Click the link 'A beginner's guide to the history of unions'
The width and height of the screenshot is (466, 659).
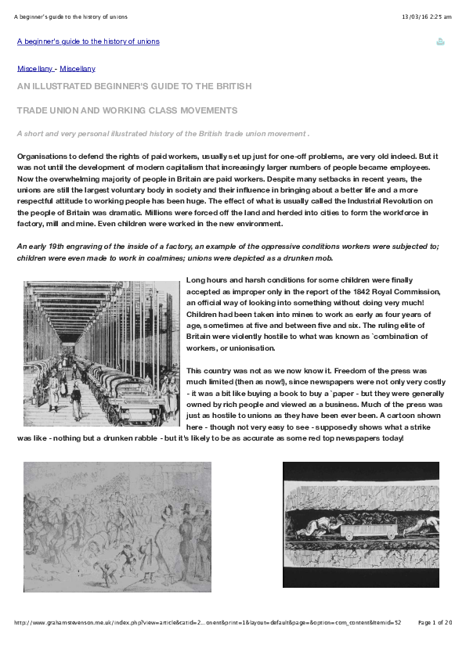pyautogui.click(x=88, y=41)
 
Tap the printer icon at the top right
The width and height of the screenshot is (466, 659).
pyautogui.click(x=440, y=41)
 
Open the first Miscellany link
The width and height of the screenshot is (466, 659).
pyautogui.click(x=34, y=69)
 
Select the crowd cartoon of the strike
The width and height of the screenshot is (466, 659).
pyautogui.click(x=117, y=526)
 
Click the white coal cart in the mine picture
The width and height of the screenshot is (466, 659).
pyautogui.click(x=371, y=533)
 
